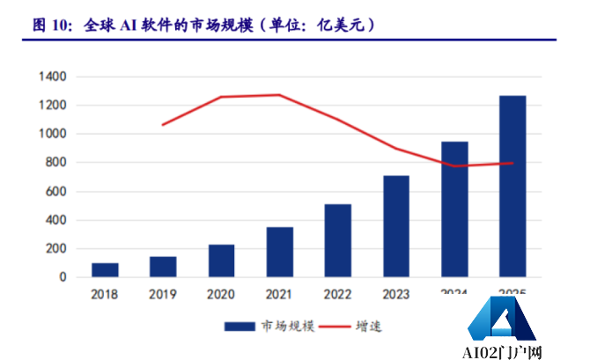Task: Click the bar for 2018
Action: (105, 269)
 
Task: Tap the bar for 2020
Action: (221, 261)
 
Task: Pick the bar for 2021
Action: (279, 252)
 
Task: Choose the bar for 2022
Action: (337, 240)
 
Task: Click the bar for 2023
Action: (395, 226)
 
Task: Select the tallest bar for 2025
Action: (512, 186)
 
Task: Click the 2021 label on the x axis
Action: (279, 294)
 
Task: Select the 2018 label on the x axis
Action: (105, 294)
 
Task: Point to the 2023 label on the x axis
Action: (395, 294)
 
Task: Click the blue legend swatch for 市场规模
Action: (240, 327)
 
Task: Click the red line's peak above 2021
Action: (279, 95)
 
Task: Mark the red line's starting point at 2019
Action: (163, 125)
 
